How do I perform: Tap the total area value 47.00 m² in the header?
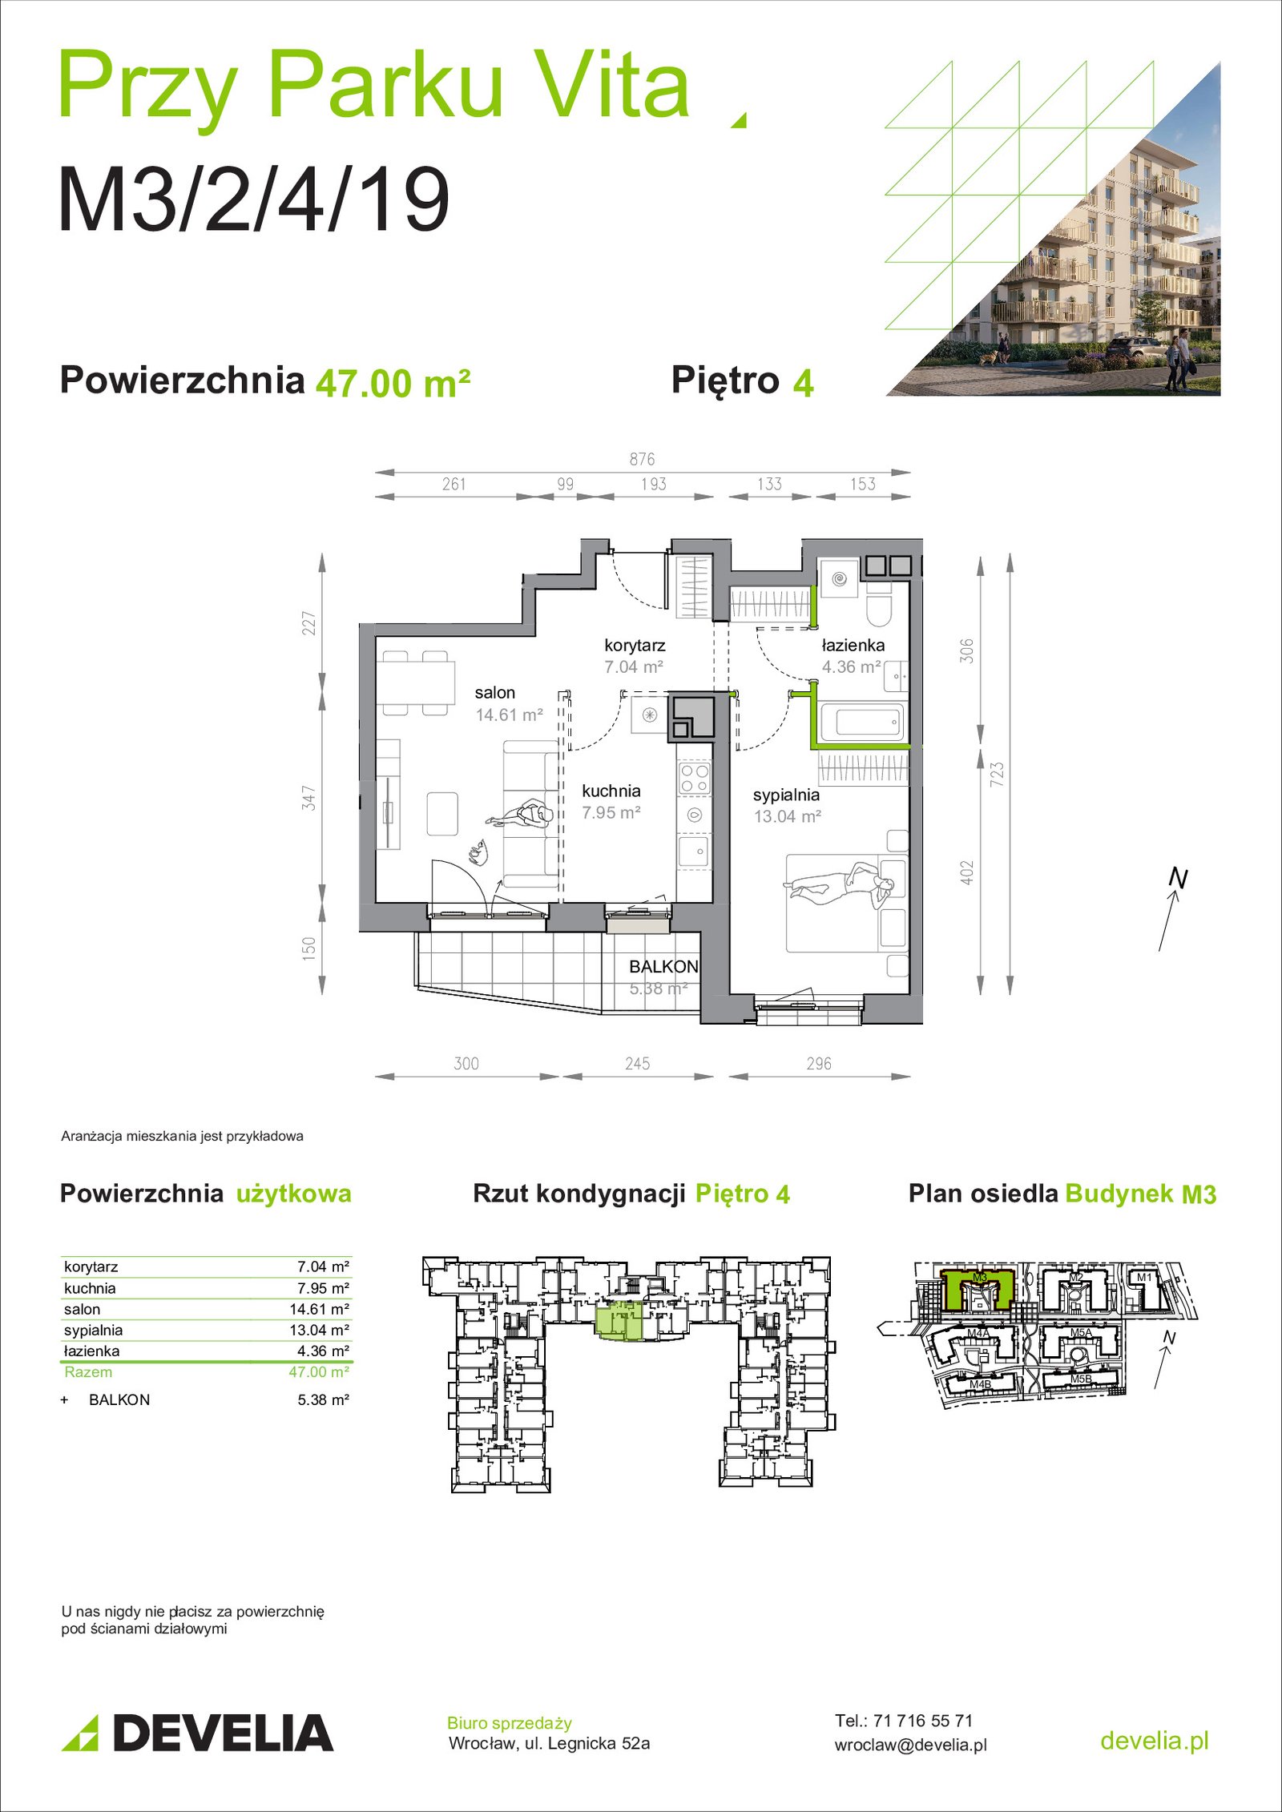[x=393, y=383]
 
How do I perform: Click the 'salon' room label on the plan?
[x=494, y=693]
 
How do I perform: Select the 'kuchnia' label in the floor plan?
[x=611, y=791]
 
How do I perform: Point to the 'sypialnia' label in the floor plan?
[x=786, y=795]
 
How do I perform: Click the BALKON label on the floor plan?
[x=663, y=967]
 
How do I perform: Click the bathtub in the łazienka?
[x=862, y=723]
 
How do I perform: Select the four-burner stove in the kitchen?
[x=694, y=778]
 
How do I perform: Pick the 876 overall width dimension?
[x=642, y=459]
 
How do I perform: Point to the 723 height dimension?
[x=996, y=774]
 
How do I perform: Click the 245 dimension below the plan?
[x=638, y=1064]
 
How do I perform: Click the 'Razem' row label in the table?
[x=88, y=1371]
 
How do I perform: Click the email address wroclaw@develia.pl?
[x=910, y=1745]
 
